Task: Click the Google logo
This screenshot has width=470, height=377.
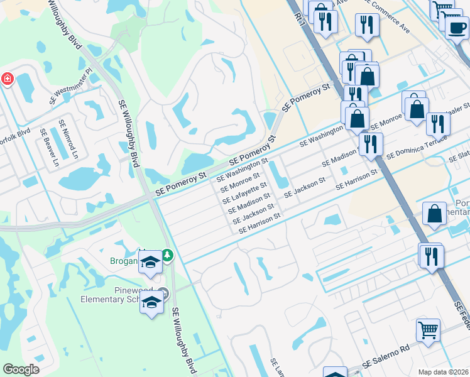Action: tap(21, 369)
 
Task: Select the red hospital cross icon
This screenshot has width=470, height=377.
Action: tap(7, 79)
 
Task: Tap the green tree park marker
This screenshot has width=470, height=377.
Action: tap(167, 255)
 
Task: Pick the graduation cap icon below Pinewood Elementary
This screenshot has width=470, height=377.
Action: tap(151, 303)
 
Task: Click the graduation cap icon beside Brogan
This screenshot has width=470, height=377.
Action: tap(151, 263)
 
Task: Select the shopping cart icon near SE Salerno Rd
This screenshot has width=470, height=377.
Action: tap(428, 329)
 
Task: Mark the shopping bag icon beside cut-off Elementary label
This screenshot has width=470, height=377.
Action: tap(434, 213)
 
